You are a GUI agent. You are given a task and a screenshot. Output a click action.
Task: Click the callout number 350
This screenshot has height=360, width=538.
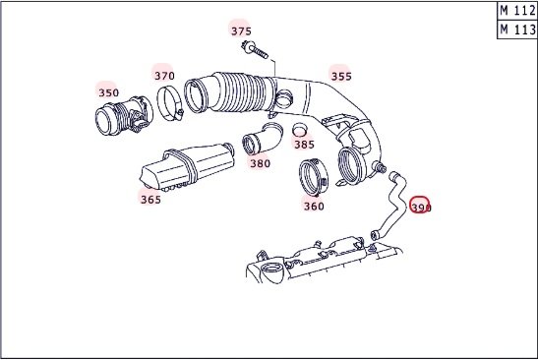[x=108, y=92]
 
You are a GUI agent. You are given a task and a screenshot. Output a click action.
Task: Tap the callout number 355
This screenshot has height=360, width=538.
[x=341, y=76]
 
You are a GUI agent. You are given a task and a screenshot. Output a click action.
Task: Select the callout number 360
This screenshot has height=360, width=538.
[x=314, y=207]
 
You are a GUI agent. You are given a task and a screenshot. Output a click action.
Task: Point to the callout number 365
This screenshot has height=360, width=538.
[x=150, y=200]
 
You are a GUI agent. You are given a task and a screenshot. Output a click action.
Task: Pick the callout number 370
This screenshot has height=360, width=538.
[x=164, y=76]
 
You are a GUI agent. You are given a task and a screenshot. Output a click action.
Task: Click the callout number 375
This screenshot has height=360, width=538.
[x=241, y=31]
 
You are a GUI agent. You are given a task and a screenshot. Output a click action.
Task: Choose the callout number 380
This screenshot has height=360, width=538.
[x=260, y=163]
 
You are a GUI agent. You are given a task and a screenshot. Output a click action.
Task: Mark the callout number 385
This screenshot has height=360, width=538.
[x=304, y=145]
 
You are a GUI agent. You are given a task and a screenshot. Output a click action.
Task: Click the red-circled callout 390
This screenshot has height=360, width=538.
[x=421, y=208]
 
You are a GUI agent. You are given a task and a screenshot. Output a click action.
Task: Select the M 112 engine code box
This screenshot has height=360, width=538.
[x=517, y=11]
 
